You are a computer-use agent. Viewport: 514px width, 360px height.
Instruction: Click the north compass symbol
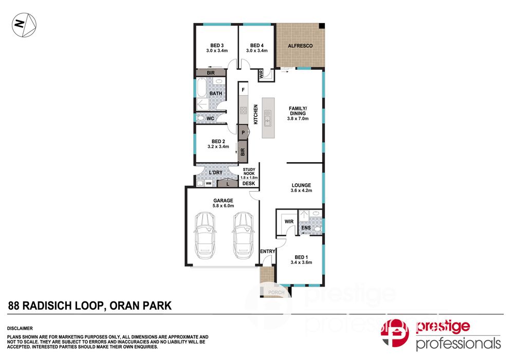[24, 25]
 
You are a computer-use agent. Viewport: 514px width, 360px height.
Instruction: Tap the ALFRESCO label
[300, 46]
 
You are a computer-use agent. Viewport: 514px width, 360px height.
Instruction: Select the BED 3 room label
[217, 46]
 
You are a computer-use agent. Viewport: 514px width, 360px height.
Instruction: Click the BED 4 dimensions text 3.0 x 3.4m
[256, 51]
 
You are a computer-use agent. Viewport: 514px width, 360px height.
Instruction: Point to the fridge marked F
[243, 89]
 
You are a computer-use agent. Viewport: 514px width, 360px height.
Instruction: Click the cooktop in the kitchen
[243, 110]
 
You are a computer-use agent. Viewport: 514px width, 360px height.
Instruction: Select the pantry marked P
[244, 132]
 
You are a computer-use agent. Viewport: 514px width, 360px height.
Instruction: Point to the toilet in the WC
[200, 118]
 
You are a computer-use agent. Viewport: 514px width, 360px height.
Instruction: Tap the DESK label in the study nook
[248, 183]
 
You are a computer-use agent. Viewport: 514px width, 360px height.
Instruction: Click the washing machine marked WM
[209, 183]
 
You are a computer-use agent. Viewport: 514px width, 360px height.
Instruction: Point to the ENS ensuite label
[306, 228]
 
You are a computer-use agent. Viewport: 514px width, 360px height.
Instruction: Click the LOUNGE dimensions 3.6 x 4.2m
[301, 191]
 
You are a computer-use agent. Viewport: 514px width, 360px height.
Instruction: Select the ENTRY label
[267, 251]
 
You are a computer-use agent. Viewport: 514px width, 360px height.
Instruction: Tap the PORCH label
[276, 292]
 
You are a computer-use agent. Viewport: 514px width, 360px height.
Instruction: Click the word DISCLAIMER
[20, 328]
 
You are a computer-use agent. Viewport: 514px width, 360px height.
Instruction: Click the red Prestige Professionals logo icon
[395, 332]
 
